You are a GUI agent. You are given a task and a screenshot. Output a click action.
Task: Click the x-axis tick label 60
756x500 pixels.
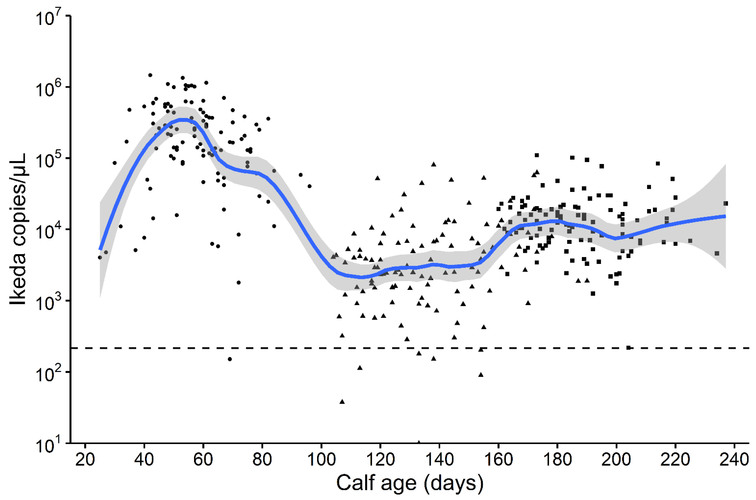(x=203, y=459)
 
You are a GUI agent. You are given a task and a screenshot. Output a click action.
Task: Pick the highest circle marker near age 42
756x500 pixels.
(x=150, y=75)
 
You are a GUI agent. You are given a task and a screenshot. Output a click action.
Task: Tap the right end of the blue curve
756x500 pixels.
(x=725, y=216)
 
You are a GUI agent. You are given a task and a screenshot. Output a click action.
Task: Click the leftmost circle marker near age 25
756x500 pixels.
(x=100, y=257)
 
